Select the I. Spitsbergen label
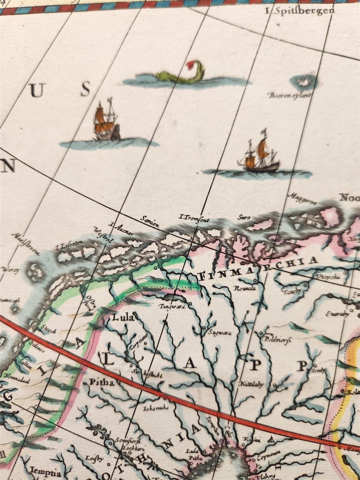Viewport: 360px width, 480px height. pyautogui.click(x=300, y=11)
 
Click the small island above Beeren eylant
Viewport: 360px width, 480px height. pyautogui.click(x=304, y=82)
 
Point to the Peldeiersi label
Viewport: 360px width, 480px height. pyautogui.click(x=273, y=339)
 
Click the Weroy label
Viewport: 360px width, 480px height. pyautogui.click(x=11, y=270)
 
